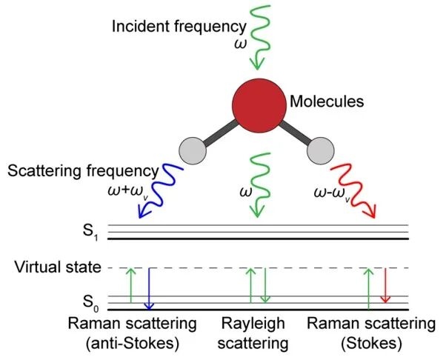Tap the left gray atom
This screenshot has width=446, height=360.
pos(193,150)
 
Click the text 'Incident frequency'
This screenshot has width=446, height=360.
pos(179,27)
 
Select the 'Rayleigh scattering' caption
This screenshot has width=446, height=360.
pos(257,333)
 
